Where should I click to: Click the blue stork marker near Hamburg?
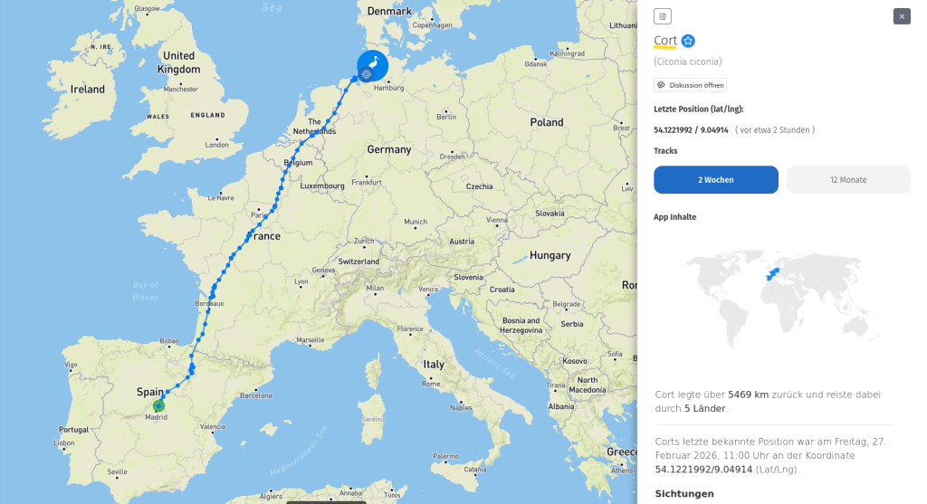372,66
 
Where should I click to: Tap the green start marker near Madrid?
158,406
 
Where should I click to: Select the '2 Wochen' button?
715,180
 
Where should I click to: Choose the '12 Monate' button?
847,180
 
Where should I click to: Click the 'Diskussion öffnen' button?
690,85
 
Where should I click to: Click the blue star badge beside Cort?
688,41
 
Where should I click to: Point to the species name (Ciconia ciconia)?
688,62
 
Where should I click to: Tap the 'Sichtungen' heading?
684,493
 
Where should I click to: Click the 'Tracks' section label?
665,151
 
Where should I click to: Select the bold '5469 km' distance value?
748,395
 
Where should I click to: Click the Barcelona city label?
255,395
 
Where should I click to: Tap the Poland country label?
546,122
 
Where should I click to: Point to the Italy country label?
435,365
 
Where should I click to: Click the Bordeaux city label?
209,303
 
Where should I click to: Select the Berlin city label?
446,117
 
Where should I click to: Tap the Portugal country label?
73,429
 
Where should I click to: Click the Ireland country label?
88,90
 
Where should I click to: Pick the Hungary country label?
550,255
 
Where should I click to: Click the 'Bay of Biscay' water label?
145,290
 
